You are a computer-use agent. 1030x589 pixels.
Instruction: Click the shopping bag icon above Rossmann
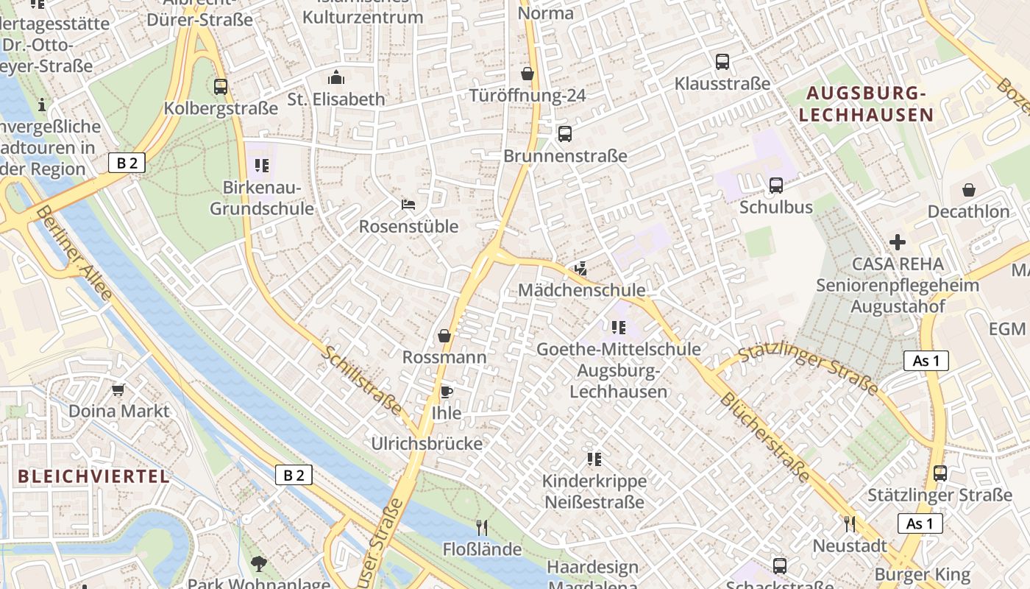[x=444, y=336]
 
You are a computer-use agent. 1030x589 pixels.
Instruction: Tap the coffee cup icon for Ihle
[x=445, y=392]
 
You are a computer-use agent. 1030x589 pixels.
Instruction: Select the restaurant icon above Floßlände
[x=482, y=527]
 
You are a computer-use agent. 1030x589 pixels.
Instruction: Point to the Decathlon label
[x=968, y=212]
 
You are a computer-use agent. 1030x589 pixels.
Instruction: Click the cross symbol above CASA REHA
[x=897, y=241]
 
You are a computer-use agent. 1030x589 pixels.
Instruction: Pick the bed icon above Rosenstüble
[x=408, y=204]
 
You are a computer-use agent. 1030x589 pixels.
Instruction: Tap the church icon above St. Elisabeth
[x=336, y=77]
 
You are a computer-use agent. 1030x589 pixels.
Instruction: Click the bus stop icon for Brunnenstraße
[x=565, y=134]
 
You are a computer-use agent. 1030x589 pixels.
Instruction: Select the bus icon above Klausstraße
[x=722, y=62]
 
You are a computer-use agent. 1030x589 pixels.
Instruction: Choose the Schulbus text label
[x=776, y=207]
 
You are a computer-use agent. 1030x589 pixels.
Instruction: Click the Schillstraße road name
[x=362, y=381]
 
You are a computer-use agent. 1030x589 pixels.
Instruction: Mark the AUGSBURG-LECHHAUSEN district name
[x=866, y=104]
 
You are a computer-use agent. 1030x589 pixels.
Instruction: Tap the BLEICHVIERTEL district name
[x=93, y=476]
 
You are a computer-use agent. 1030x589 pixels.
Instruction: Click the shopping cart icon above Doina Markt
[x=118, y=389]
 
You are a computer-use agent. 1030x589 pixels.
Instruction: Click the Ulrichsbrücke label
[x=427, y=443]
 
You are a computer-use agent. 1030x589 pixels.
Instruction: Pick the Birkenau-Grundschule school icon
[x=262, y=166]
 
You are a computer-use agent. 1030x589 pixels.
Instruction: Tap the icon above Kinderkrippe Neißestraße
[x=594, y=459]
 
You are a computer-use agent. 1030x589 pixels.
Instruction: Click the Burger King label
[x=922, y=574]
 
